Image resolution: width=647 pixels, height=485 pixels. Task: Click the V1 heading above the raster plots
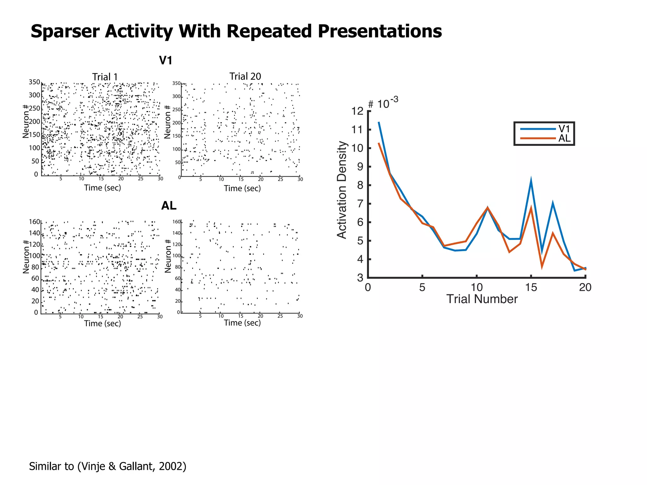pos(166,60)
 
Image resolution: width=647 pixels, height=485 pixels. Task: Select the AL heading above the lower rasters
pos(169,206)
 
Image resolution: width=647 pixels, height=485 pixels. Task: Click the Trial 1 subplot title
pos(105,77)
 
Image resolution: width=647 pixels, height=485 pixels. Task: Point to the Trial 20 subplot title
pos(245,76)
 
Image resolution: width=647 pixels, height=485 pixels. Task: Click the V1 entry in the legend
pos(564,129)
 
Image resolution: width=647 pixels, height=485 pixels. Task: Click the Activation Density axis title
pos(342,189)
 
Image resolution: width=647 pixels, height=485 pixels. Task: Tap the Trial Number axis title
pos(482,299)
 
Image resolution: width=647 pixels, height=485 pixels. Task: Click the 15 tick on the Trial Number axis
pos(531,287)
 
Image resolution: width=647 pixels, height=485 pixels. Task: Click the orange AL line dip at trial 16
pos(542,267)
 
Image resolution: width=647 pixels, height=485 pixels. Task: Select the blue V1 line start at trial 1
pos(379,122)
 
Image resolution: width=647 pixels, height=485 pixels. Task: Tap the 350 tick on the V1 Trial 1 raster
pos(34,82)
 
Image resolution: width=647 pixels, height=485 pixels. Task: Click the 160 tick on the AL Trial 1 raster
pos(34,222)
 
